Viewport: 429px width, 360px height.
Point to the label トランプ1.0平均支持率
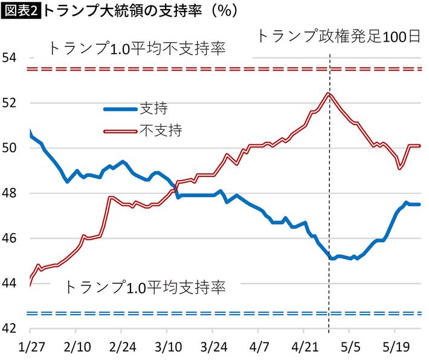pos(145,287)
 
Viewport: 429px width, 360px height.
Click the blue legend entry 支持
pos(153,109)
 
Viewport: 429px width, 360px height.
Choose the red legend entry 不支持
pos(161,130)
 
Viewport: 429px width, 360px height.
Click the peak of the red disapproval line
pos(327,93)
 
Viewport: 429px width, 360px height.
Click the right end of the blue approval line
pos(419,204)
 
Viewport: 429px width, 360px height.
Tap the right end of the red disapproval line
pos(419,146)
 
